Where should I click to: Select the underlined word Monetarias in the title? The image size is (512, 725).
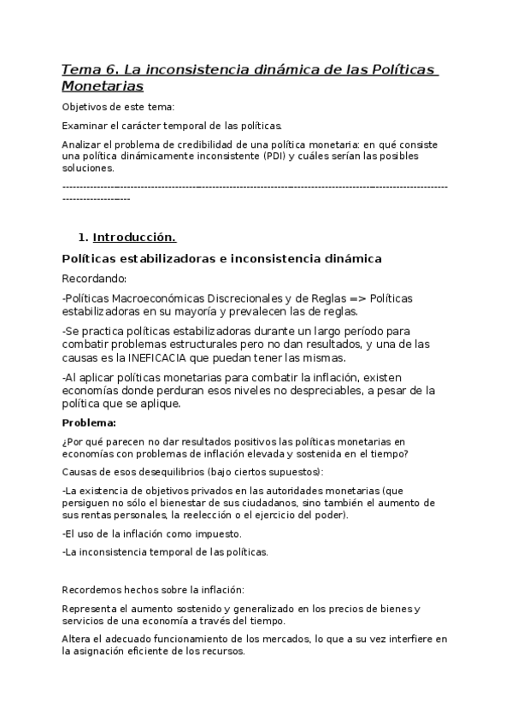coord(103,85)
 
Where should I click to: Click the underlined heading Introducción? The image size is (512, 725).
coord(134,237)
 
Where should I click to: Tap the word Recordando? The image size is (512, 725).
coord(94,279)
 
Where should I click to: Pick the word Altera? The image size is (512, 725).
coord(78,639)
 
